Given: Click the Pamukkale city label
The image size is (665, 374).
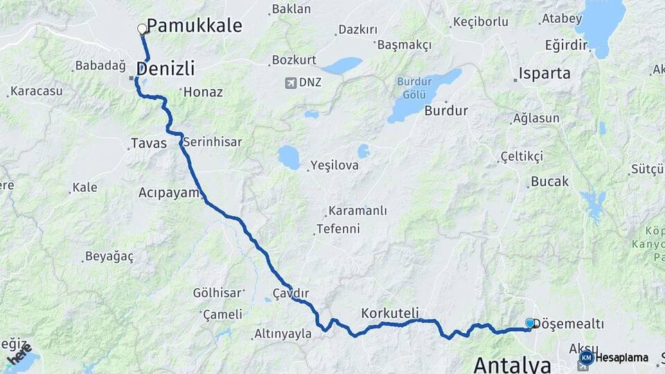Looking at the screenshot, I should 194,26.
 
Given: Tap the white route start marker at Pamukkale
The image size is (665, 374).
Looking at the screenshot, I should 142,29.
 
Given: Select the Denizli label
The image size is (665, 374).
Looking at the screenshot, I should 166,69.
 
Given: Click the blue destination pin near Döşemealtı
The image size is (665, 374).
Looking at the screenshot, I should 530,323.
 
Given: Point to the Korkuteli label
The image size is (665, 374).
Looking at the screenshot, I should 390,313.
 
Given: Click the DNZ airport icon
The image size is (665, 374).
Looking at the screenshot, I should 291,83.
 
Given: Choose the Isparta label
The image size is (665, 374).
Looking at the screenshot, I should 545,73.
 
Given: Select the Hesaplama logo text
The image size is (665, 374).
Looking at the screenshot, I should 622,357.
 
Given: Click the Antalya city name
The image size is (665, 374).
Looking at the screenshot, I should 512,364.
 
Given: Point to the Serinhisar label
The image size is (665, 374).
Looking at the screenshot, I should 213,141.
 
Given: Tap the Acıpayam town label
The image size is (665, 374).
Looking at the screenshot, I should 169,193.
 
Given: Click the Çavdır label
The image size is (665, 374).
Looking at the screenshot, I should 290,294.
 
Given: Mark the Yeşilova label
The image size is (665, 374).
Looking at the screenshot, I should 335,165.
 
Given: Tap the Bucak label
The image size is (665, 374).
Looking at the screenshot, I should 549,181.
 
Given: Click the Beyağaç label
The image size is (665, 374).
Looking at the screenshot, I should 109,256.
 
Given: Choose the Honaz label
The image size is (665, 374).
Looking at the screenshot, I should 203,91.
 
